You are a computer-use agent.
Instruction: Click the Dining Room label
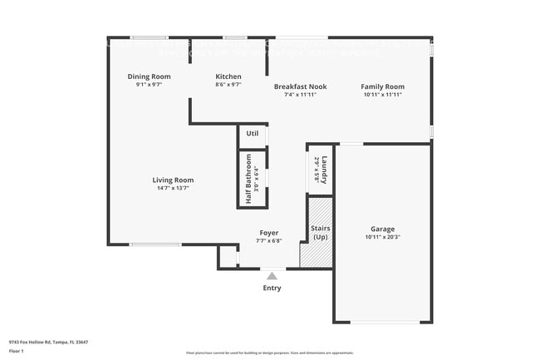(x=155, y=76)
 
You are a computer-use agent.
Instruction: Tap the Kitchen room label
(x=228, y=76)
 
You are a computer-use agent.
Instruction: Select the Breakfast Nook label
(x=300, y=86)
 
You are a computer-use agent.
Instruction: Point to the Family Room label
(x=382, y=86)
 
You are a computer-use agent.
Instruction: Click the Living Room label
(x=173, y=180)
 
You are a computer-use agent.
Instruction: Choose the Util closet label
(x=253, y=133)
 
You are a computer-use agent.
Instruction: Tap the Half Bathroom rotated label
(x=248, y=178)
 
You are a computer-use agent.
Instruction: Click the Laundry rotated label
(x=326, y=170)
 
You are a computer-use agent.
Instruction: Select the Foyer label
(x=268, y=233)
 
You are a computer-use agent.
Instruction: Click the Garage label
(x=382, y=229)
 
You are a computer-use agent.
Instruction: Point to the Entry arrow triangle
(x=272, y=276)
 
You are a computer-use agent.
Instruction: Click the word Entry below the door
(x=272, y=288)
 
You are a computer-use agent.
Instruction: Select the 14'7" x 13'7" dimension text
(x=173, y=188)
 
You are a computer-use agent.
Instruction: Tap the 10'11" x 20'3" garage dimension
(x=382, y=237)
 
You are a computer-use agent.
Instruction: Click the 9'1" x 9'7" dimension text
(x=155, y=85)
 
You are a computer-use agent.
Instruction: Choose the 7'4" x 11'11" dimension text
(x=300, y=95)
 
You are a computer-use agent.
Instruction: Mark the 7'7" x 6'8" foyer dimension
(x=268, y=241)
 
